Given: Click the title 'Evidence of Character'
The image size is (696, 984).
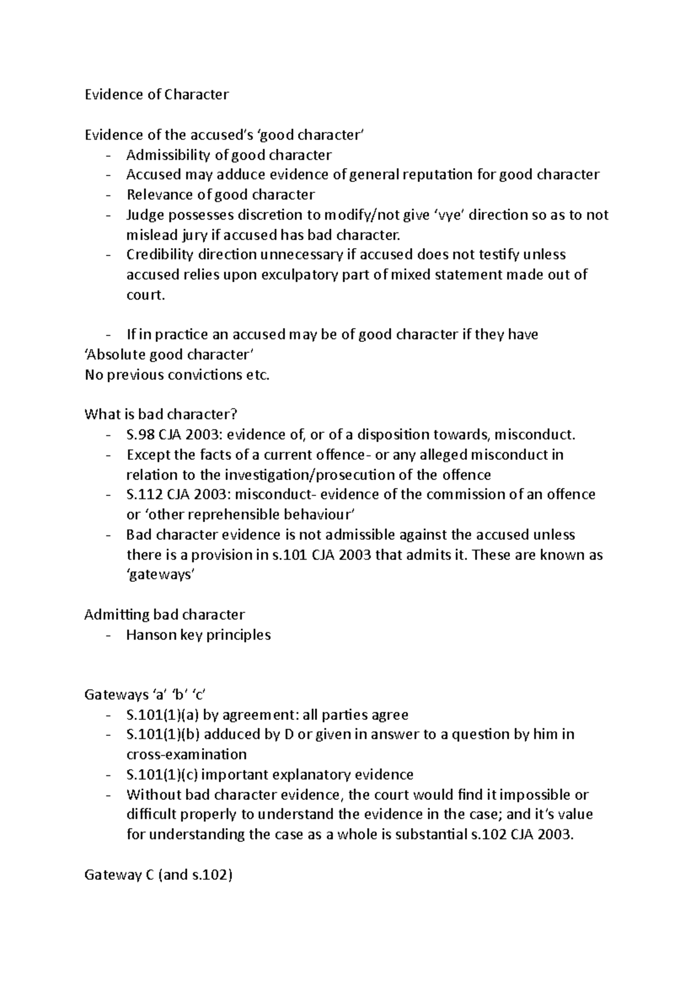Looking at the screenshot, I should (157, 94).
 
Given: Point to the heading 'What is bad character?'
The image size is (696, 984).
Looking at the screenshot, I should (161, 414).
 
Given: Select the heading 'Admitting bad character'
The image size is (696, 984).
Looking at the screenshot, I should (165, 614).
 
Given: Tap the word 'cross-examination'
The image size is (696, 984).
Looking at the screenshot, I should (186, 755).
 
